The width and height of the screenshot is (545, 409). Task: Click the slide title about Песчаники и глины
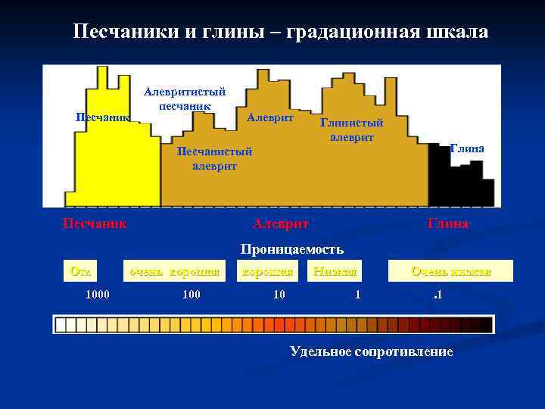pos(280,32)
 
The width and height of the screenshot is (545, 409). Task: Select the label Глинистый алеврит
pos(351,130)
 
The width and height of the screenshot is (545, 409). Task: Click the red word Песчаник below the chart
pos(94,223)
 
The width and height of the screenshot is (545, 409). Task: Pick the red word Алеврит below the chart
pos(281,223)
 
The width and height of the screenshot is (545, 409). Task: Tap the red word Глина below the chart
pos(448,223)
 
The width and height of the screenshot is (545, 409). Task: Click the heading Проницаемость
pos(292,248)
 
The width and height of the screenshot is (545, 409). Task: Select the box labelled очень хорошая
pos(175,270)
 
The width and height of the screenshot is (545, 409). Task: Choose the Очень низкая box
pos(450,270)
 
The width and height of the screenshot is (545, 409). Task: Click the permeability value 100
pos(192,293)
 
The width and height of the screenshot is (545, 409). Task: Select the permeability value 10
pos(279,293)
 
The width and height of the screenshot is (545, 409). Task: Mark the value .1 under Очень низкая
pos(437,293)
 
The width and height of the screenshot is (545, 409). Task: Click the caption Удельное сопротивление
pos(372,351)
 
